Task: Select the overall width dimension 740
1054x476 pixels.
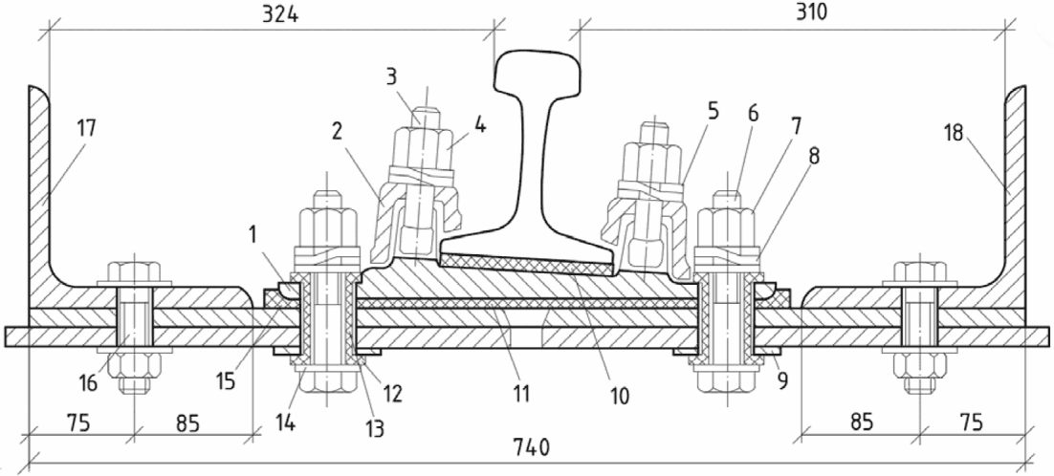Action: click(x=531, y=447)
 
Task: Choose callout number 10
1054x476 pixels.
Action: click(x=620, y=396)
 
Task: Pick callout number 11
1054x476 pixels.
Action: click(x=522, y=393)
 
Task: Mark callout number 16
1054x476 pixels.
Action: click(x=88, y=384)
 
